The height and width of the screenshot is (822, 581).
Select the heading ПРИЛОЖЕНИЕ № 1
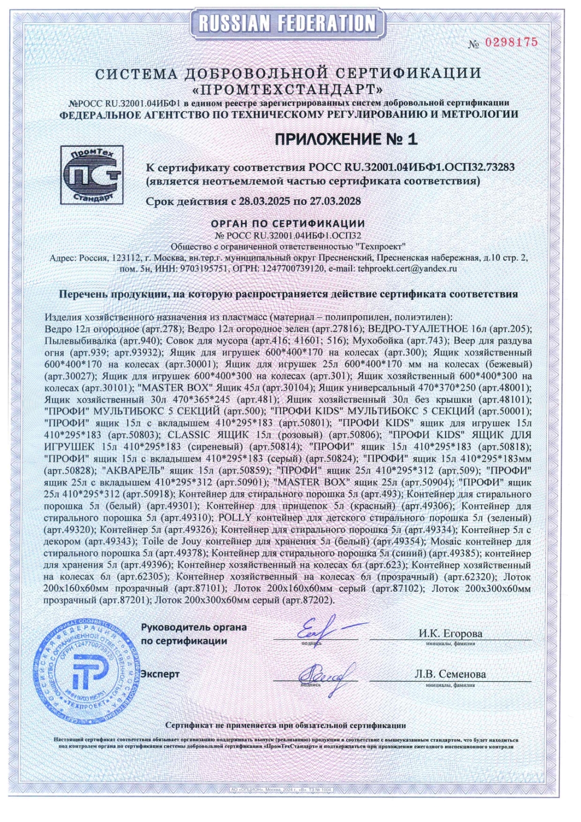pos(346,139)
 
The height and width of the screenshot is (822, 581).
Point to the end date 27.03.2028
pos(335,201)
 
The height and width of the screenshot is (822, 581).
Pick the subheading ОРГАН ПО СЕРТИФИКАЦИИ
pos(288,224)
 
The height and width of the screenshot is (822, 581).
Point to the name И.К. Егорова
pos(450,634)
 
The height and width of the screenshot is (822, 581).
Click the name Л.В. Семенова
pos(450,674)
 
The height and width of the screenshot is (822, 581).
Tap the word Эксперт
pos(160,674)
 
